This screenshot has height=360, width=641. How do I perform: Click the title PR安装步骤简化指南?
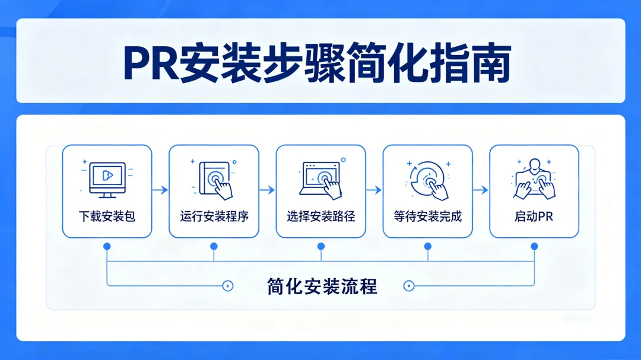pos(317,61)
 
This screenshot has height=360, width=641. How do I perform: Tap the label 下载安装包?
pos(107,216)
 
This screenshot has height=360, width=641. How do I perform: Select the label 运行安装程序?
pos(214,216)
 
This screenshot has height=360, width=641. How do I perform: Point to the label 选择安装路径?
pos(320,216)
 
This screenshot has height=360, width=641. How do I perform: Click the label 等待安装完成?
pos(427,216)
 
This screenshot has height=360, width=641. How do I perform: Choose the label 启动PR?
pos(534,216)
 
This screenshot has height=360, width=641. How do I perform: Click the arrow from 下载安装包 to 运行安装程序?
pos(160,190)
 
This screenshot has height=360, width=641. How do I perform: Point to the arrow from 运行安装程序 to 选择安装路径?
pos(267,190)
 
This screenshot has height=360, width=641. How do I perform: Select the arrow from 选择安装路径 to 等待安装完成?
pos(374,190)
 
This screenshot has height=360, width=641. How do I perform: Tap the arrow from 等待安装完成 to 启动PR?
pos(481,190)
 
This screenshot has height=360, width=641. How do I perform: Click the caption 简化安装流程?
pos(322,286)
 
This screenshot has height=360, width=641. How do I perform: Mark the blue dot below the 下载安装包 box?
pos(107,246)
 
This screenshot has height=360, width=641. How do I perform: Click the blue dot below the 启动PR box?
pos(534,246)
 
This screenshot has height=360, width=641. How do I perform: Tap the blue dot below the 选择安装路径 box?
pos(321,246)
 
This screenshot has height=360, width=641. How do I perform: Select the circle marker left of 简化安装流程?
pos(227,286)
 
